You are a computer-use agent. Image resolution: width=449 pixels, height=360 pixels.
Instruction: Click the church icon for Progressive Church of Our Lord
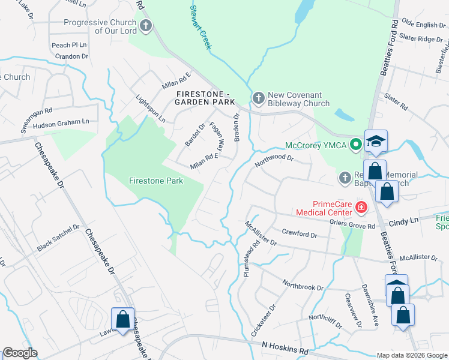(x=145, y=26)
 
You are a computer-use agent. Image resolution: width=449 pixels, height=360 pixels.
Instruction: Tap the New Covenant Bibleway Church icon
(x=258, y=98)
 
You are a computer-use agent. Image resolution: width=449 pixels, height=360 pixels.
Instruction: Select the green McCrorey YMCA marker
(x=355, y=144)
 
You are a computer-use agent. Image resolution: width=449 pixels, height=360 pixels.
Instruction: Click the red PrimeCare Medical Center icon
(x=361, y=208)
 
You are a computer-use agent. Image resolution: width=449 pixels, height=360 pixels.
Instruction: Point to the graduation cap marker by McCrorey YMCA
(x=376, y=142)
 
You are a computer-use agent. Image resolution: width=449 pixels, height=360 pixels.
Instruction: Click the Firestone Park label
(x=155, y=180)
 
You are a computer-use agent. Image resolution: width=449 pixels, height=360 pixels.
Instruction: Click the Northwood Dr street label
(x=274, y=160)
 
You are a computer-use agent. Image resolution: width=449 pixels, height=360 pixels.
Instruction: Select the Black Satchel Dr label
(x=58, y=238)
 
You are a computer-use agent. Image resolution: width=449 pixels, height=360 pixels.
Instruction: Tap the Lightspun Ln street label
(x=151, y=109)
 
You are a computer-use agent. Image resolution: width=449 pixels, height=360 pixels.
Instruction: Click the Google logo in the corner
(x=20, y=353)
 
